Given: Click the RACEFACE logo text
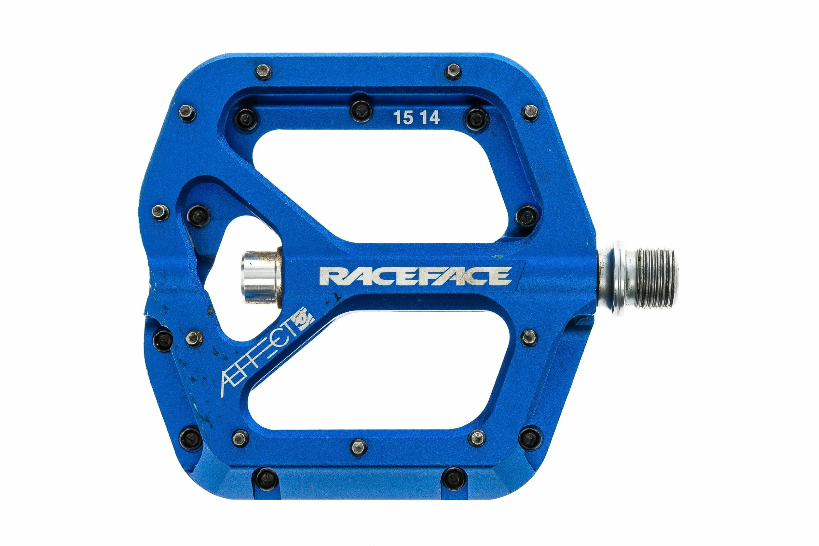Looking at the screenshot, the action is tap(415, 276).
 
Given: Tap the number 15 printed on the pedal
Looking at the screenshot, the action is tap(403, 118).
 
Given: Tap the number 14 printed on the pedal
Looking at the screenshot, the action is tap(429, 118).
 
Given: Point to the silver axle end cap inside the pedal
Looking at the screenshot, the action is tap(260, 277).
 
